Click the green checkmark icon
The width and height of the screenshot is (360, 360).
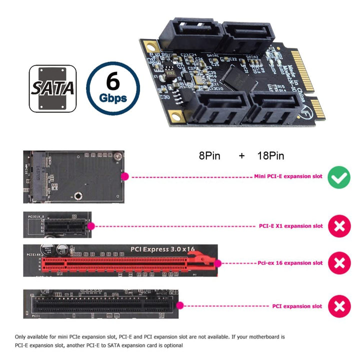[339, 177]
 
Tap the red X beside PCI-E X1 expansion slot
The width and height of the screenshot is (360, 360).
[339, 226]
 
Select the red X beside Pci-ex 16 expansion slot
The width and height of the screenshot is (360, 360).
[339, 263]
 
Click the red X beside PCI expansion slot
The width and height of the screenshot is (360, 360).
[339, 306]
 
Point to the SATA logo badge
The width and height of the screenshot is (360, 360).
[53, 88]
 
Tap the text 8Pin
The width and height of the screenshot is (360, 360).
[209, 156]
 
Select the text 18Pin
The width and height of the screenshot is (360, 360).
[270, 156]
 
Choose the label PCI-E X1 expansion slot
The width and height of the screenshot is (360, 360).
[290, 226]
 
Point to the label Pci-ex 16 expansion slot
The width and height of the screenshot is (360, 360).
[290, 263]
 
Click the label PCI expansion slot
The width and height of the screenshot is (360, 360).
[297, 306]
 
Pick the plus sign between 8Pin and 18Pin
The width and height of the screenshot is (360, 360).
[242, 156]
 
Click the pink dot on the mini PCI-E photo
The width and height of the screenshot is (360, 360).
[124, 176]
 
